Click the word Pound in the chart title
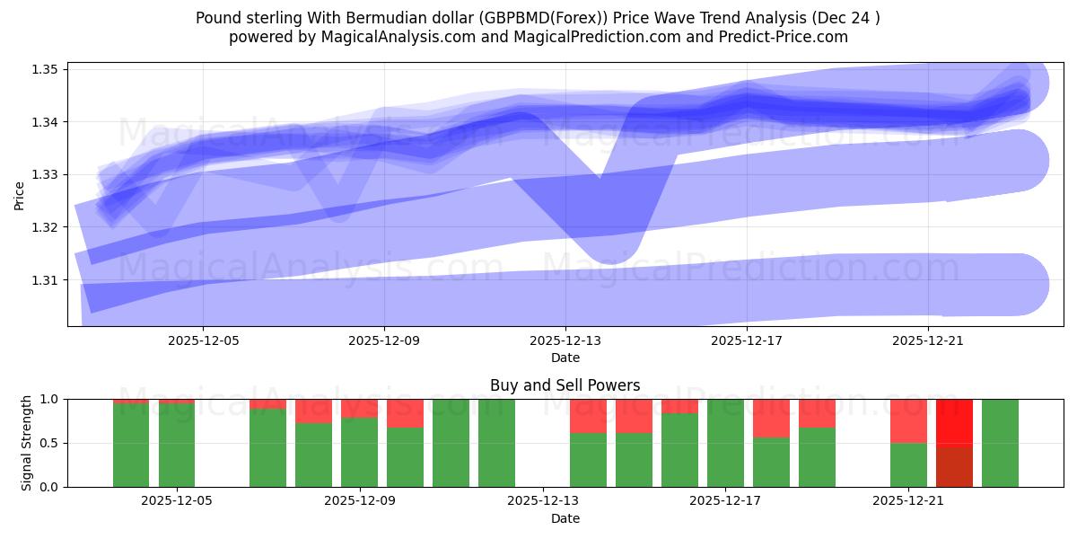tap(216, 17)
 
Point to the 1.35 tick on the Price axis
tap(45, 69)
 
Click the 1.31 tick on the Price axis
tap(45, 280)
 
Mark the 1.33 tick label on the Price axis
tap(45, 174)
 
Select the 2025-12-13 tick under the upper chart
tap(565, 341)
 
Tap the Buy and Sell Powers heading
tap(565, 385)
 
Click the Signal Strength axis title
tap(26, 442)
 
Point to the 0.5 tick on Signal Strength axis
tap(48, 443)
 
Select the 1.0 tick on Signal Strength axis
tap(48, 399)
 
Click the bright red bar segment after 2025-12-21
tap(954, 421)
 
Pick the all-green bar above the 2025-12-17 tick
tap(725, 443)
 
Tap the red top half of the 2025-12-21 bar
tap(908, 420)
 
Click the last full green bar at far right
tap(1000, 443)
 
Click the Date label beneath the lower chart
tap(565, 518)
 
